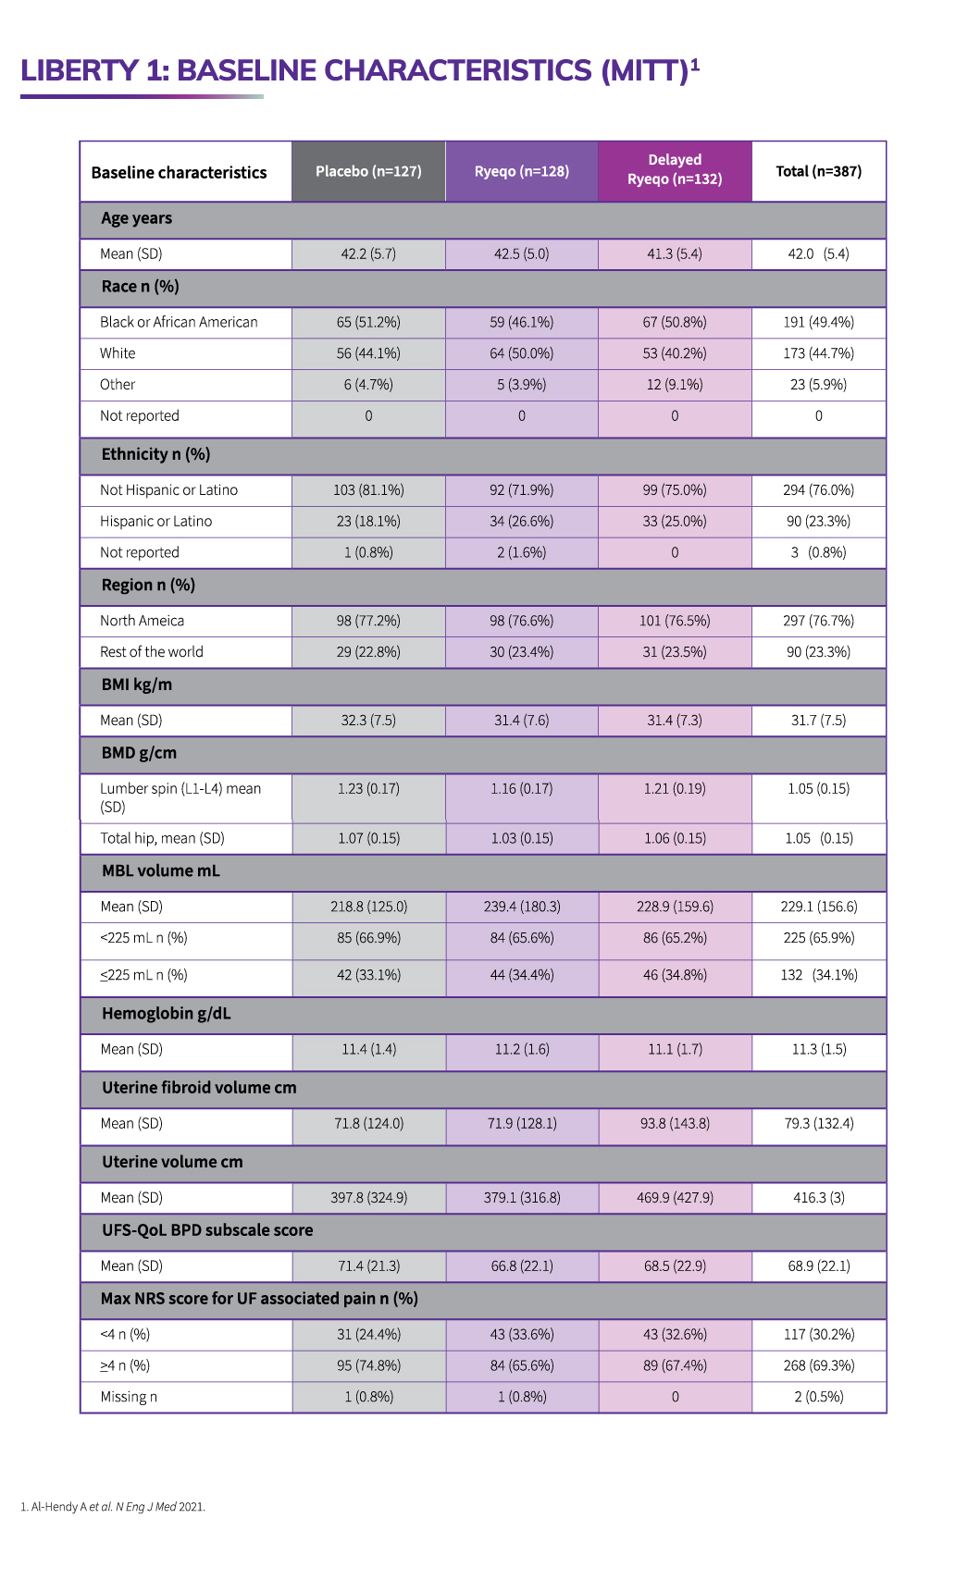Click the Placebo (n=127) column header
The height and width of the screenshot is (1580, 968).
coord(368,171)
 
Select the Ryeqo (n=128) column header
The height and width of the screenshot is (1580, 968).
coord(522,171)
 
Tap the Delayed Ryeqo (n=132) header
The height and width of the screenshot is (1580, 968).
coord(675,170)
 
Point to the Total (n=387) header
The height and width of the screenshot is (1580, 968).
coord(818,171)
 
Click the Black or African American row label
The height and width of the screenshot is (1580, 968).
coord(179,322)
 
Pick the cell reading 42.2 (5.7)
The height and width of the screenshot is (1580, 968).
coord(368,253)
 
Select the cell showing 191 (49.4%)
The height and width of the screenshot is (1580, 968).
coord(818,322)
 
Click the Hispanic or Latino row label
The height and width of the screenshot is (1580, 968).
coord(155,521)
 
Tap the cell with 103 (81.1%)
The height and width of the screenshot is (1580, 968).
coord(368,489)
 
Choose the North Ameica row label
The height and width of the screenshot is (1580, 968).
coord(142,621)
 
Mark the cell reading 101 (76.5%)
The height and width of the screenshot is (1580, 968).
coord(675,621)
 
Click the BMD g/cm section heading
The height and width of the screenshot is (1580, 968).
coord(139,753)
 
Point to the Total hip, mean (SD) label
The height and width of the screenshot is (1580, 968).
coord(162,838)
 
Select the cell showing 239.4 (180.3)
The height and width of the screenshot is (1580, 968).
coord(522,907)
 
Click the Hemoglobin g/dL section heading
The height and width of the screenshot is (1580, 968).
coord(167,1014)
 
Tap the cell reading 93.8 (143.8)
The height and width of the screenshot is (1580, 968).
coord(675,1123)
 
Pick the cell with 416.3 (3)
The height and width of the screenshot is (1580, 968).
coord(818,1197)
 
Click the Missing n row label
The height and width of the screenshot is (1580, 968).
coord(129,1397)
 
